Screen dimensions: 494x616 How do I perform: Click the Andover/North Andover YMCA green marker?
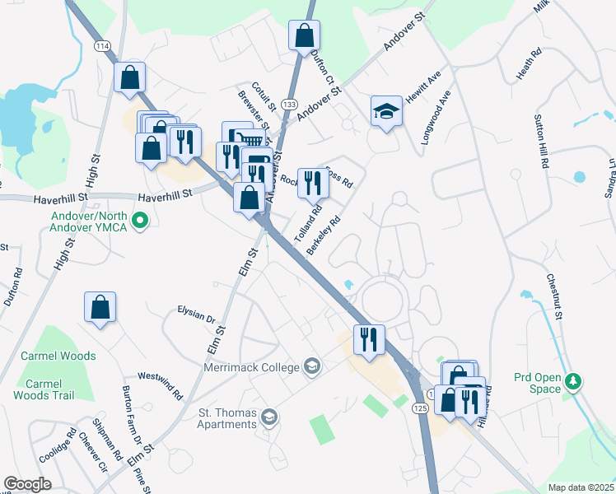coord(140,221)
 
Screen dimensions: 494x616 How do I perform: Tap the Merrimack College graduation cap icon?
coord(312,366)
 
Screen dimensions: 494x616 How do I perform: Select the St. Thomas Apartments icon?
coord(268,418)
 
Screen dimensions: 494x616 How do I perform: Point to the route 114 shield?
coord(101,45)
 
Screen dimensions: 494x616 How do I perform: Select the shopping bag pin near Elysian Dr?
coord(100,307)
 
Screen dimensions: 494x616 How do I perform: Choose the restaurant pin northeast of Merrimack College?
coord(369,338)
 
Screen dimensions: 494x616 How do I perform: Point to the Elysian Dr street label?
coord(195,313)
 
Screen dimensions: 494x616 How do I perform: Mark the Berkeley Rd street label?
coord(324,235)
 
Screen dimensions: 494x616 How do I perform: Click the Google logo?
coord(27,484)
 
